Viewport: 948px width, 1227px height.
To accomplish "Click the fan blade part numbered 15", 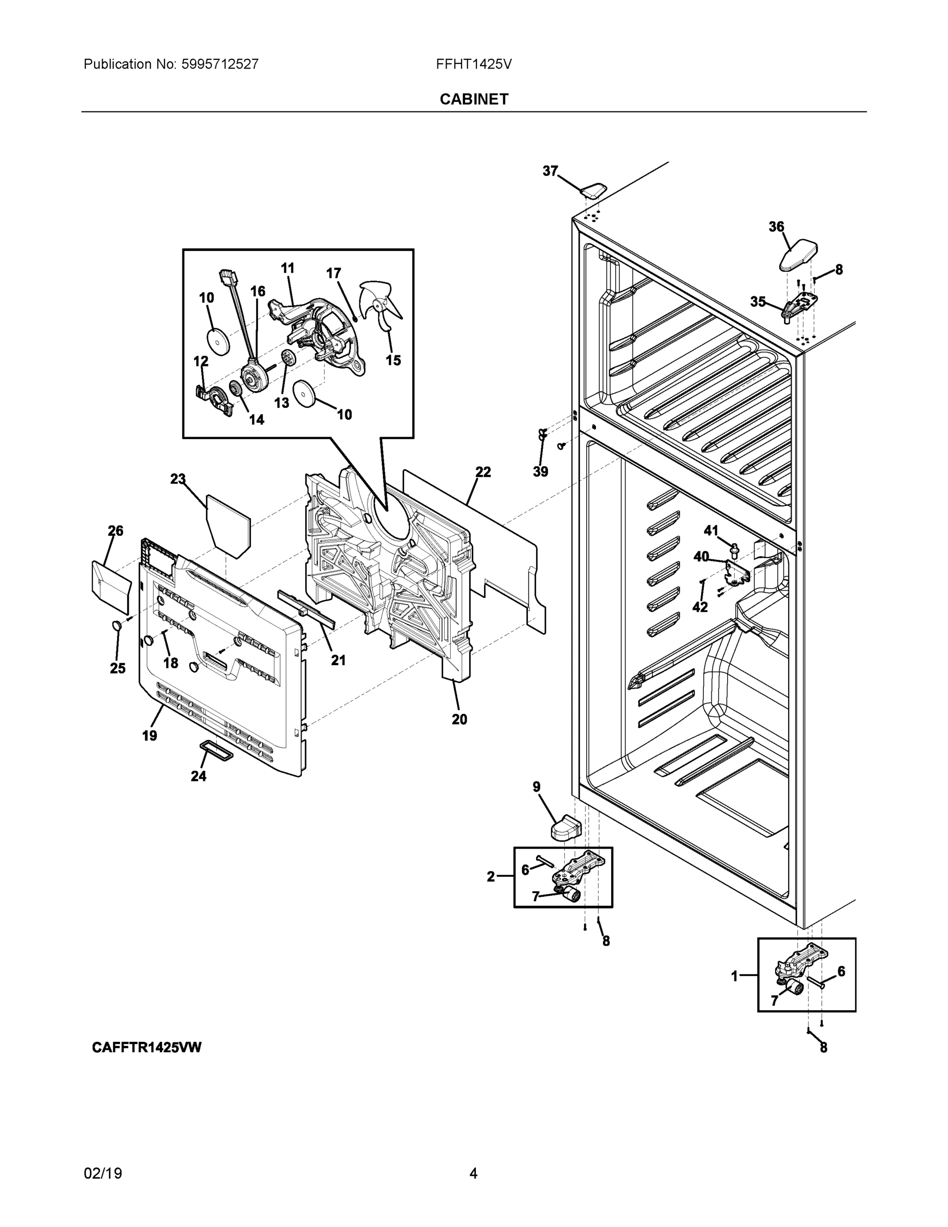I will [x=381, y=306].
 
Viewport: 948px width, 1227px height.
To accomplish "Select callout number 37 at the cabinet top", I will [x=550, y=171].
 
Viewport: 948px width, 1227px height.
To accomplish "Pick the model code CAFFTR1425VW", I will [x=147, y=1047].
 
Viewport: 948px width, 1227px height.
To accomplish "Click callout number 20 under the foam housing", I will [x=459, y=719].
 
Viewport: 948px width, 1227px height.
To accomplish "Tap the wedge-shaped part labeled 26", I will [x=110, y=586].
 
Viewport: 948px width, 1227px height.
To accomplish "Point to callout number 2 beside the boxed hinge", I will [x=490, y=876].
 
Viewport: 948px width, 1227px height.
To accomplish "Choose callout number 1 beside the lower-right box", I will [x=734, y=976].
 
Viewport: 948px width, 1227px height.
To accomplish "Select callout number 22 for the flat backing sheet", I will [x=482, y=472].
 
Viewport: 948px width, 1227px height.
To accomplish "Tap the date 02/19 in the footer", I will [x=103, y=1173].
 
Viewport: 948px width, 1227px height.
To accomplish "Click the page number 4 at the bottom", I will [x=473, y=1173].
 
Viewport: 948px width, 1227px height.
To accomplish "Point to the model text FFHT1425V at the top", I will [x=473, y=64].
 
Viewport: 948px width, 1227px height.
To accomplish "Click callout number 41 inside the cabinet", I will [x=710, y=530].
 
